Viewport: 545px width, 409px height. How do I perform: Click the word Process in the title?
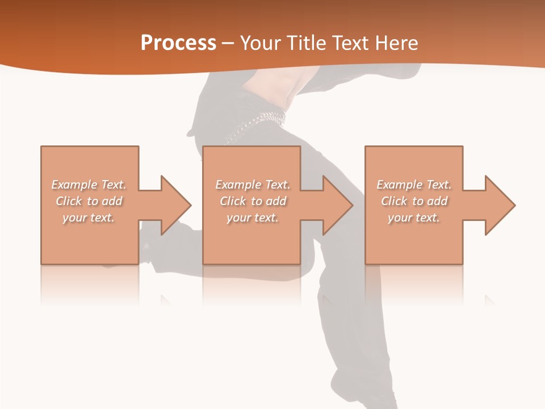click(178, 43)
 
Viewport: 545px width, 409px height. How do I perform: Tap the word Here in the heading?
click(396, 43)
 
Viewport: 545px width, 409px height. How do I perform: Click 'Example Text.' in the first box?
click(89, 185)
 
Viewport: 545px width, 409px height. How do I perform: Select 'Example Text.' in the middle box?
click(252, 185)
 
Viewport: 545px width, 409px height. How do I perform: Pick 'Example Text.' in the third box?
click(414, 185)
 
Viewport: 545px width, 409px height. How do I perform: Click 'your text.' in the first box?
click(89, 218)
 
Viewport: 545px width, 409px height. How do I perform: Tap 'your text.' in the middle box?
click(252, 218)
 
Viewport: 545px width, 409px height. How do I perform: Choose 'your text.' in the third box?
click(414, 218)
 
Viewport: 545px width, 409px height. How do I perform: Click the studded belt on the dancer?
click(258, 122)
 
